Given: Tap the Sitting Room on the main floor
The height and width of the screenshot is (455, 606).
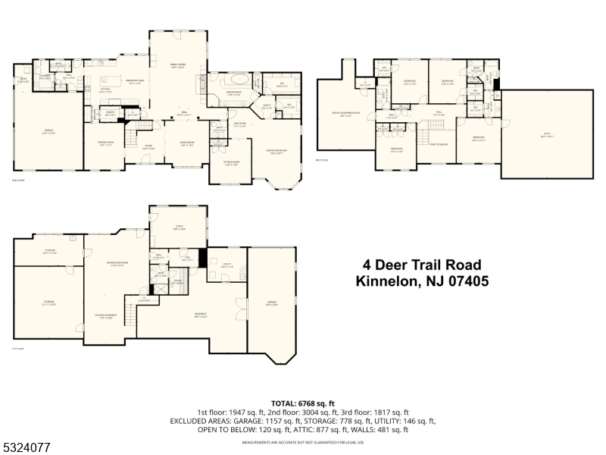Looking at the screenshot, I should (230, 163).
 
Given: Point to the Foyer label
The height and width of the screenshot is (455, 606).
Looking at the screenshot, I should (148, 147).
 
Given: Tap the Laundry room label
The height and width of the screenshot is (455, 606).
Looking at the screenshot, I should (45, 76).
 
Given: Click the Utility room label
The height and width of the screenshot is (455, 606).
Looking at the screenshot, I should (226, 265).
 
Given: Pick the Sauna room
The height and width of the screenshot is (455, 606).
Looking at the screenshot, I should (178, 282).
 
